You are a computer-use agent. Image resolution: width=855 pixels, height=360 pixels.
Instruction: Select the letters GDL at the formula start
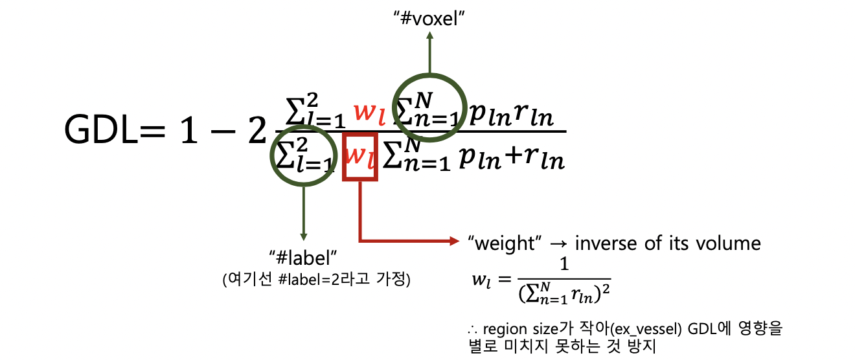tap(102, 131)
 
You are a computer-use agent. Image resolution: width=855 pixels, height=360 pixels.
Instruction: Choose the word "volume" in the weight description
tap(730, 243)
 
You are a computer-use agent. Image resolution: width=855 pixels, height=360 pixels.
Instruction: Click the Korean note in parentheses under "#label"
tap(317, 280)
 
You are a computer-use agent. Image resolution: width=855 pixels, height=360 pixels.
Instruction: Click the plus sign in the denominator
tap(508, 157)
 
